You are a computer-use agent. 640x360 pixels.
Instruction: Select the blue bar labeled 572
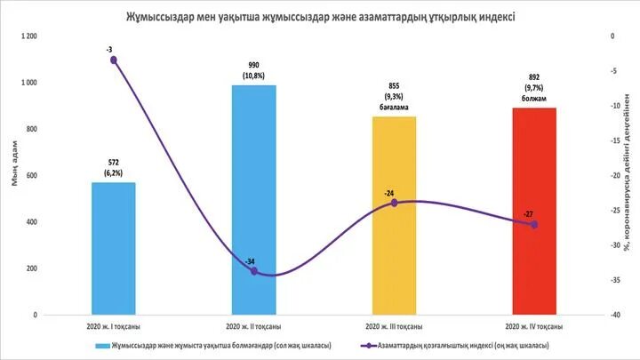tap(114, 249)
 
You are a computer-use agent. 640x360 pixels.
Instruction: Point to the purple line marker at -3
tap(114, 60)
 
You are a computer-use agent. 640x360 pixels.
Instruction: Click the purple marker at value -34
tap(254, 271)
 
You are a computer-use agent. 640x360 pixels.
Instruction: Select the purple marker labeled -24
tap(394, 203)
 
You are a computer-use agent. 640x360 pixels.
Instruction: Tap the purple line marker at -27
tap(534, 224)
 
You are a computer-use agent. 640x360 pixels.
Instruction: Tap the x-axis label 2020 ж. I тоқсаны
tap(113, 327)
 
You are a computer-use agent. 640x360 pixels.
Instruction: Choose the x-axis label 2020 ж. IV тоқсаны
tap(534, 327)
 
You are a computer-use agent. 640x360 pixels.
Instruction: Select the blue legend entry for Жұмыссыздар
tap(209, 344)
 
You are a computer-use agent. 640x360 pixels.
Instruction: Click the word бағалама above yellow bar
tap(395, 108)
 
